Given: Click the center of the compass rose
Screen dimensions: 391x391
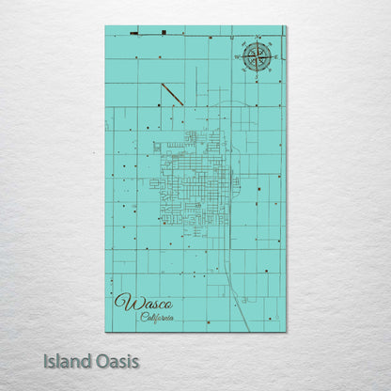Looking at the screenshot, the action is [x=256, y=57].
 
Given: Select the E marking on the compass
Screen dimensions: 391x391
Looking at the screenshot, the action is [x=274, y=57].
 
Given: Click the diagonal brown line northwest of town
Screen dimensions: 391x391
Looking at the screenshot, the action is [x=171, y=93].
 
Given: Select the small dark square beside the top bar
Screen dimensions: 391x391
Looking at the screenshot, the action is [x=164, y=33].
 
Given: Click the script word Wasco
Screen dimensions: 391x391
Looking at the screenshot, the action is [x=138, y=303].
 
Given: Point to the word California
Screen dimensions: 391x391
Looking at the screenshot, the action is [x=158, y=317].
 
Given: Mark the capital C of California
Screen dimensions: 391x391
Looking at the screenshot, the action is [x=144, y=317].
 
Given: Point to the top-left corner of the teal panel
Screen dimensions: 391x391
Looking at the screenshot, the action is [x=105, y=26].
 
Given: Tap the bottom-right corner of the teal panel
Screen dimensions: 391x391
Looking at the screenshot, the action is [x=286, y=332].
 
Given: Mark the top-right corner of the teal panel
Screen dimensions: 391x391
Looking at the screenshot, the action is [x=286, y=26].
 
